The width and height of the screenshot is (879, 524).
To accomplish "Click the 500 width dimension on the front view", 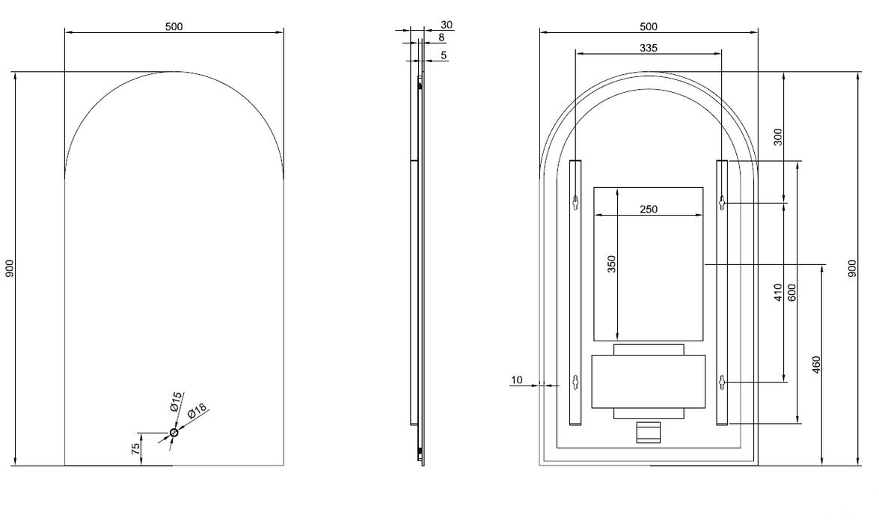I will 174,26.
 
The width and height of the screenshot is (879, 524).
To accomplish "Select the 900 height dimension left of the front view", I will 10,269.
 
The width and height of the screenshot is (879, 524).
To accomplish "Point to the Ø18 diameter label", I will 196,412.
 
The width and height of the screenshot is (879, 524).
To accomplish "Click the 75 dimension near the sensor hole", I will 135,449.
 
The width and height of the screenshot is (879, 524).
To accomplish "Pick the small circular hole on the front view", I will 174,433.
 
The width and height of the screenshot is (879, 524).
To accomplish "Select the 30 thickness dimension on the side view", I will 447,25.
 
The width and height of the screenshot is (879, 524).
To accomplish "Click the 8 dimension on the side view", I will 441,37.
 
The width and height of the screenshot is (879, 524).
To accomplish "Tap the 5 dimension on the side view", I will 444,55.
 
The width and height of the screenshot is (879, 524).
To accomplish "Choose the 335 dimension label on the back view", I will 649,48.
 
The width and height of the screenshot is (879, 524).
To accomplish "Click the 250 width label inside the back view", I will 649,210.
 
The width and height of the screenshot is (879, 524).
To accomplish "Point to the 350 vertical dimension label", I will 611,264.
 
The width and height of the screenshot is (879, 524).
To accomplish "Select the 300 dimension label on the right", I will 778,137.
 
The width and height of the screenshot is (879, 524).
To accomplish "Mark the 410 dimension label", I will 778,292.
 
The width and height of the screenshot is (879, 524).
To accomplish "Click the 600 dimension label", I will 791,292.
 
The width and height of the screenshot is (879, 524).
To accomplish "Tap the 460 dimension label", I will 817,365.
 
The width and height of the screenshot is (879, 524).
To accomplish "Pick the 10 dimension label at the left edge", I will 516,380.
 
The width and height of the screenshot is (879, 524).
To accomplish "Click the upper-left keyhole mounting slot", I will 576,201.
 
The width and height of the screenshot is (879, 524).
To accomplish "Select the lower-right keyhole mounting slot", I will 722,382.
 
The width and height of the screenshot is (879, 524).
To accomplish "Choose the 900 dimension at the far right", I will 852,269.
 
